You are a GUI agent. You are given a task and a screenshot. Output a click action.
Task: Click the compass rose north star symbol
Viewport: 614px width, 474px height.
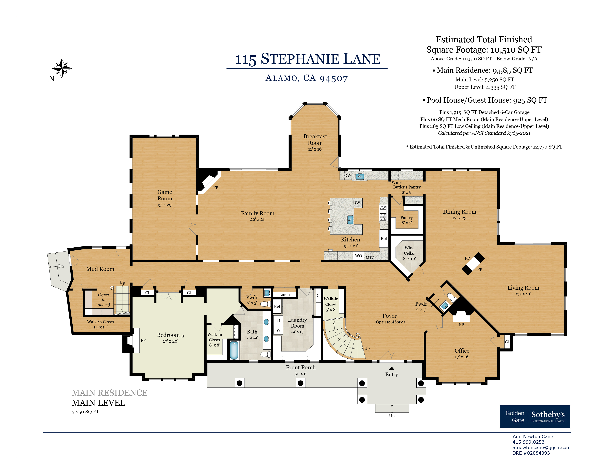62,68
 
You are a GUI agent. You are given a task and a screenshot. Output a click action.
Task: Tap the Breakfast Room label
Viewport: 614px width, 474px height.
315,140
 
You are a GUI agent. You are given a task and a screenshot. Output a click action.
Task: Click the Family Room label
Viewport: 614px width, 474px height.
258,213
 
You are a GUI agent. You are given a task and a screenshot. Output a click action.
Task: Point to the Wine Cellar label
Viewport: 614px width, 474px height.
409,251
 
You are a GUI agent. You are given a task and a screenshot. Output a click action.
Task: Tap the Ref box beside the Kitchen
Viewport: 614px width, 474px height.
384,238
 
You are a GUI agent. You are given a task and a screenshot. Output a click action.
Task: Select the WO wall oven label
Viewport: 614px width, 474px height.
359,256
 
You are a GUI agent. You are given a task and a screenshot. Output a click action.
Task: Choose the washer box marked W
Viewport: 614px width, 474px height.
278,330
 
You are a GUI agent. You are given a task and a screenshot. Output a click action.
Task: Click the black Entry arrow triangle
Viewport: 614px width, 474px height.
392,368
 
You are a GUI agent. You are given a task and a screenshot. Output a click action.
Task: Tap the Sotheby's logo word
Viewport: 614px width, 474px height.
548,415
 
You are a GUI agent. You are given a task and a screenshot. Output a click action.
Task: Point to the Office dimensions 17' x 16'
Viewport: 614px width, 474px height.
462,357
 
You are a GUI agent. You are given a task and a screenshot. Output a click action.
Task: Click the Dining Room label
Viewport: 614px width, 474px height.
460,212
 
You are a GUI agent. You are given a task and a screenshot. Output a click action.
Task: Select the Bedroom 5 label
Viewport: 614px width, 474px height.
170,335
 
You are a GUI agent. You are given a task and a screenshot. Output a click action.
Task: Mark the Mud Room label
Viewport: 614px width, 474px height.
100,269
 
